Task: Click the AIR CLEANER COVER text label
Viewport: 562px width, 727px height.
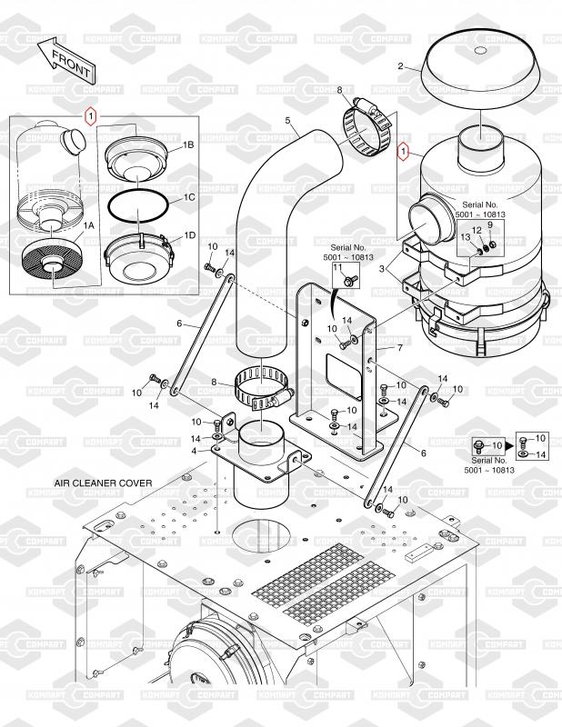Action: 103,483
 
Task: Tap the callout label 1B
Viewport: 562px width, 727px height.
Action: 188,145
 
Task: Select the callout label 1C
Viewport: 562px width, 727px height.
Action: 189,197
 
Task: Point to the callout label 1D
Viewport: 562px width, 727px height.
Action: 190,235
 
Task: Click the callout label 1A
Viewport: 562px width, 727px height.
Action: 88,225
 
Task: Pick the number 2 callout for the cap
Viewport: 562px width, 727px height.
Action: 400,66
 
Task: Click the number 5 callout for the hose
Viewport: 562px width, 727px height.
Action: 287,121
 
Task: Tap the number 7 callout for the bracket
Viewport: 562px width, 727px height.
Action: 400,347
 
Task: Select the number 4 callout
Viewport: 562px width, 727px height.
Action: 194,451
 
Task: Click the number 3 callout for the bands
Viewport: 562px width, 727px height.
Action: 382,268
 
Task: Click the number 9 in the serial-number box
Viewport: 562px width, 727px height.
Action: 490,224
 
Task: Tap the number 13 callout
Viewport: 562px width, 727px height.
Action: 466,237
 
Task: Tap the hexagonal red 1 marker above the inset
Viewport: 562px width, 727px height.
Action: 91,116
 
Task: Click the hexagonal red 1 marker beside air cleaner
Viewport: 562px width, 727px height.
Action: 403,151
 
